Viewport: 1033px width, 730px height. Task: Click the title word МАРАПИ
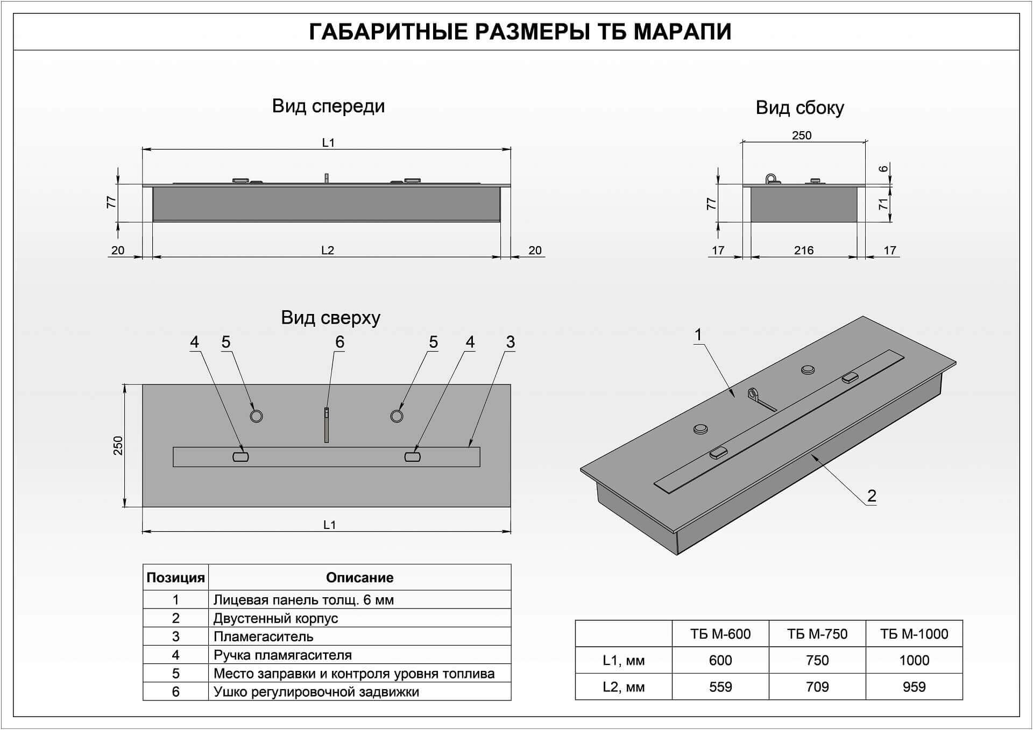(682, 32)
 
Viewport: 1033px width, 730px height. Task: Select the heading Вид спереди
(328, 106)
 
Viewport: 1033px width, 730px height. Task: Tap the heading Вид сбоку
(799, 108)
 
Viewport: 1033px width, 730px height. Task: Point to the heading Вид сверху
(330, 318)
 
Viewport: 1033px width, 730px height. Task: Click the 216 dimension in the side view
(804, 250)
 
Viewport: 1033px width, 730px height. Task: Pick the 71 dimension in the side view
(883, 204)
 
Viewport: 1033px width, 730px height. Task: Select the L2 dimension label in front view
(328, 250)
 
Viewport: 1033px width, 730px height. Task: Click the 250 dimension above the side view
(802, 135)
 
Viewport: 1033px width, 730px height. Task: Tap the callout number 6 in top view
(339, 342)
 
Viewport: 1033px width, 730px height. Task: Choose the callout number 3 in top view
(510, 342)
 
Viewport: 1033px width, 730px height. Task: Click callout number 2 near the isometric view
(872, 496)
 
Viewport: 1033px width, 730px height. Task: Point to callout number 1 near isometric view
(698, 335)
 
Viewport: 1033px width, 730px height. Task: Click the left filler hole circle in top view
(257, 416)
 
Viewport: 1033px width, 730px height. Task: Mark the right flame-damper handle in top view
(412, 457)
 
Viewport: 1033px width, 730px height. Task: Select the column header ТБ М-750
(817, 634)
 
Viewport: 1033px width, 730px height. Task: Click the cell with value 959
(914, 686)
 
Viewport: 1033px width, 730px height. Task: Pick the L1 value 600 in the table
(720, 660)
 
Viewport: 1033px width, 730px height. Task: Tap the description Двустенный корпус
(275, 618)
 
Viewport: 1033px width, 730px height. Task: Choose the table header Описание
(359, 577)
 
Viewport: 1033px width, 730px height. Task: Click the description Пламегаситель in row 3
(263, 637)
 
